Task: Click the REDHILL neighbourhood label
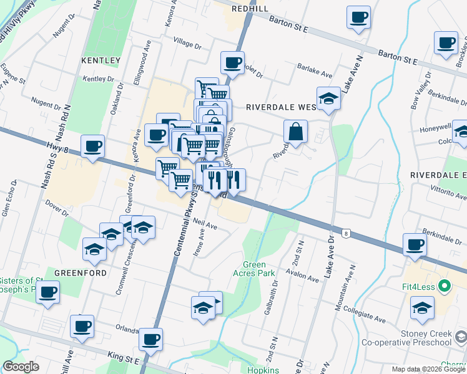[250, 8]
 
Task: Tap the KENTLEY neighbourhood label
[101, 60]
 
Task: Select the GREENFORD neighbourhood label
[74, 272]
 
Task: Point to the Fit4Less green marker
[444, 287]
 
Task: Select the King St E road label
[123, 358]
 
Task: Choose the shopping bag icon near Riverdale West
[296, 132]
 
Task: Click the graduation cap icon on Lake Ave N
[328, 98]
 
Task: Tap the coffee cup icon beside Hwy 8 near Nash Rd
[93, 146]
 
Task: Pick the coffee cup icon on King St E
[150, 339]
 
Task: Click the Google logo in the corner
[21, 367]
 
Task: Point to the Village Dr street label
[188, 46]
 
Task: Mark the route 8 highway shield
[345, 233]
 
